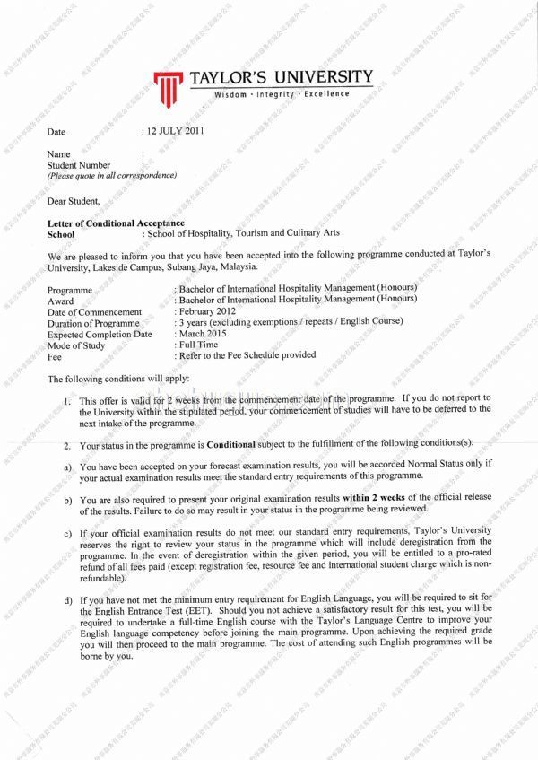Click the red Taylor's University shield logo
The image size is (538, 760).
[x=167, y=87]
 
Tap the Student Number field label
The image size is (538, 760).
[x=79, y=165]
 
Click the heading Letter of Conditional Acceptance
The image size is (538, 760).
[x=116, y=223]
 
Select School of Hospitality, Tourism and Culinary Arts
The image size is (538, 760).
[x=244, y=233]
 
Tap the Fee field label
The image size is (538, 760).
[x=55, y=356]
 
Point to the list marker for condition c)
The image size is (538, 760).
[x=67, y=535]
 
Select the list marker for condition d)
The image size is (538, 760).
[x=67, y=598]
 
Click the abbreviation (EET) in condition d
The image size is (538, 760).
[x=206, y=610]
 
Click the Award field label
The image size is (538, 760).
[x=61, y=301]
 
